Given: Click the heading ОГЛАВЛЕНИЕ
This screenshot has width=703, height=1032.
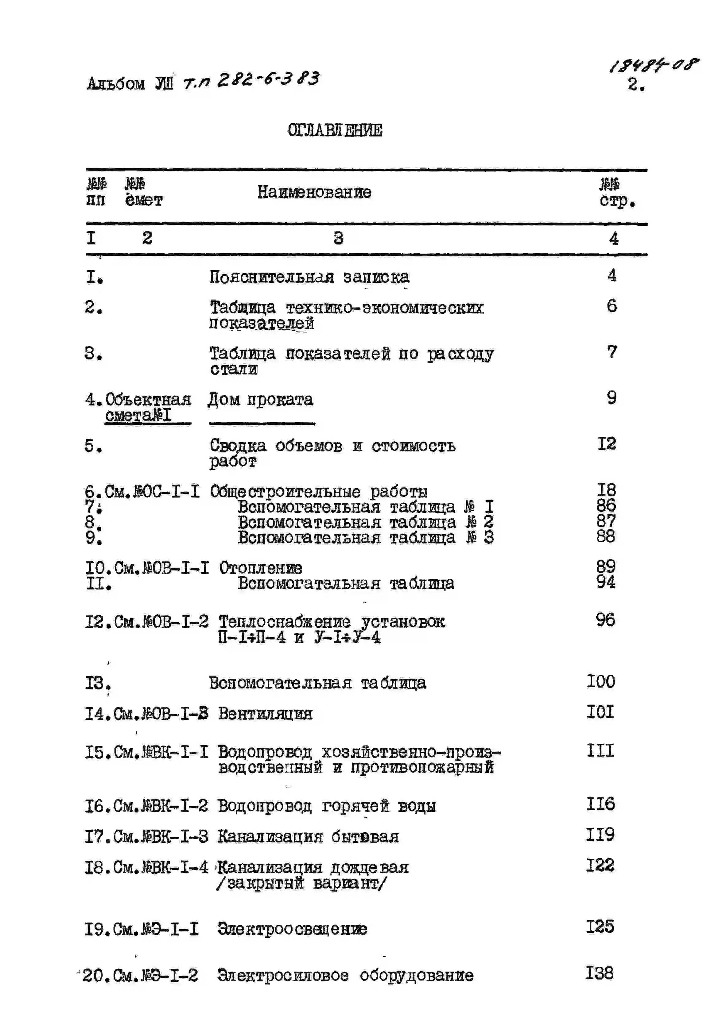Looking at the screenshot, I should pyautogui.click(x=335, y=131).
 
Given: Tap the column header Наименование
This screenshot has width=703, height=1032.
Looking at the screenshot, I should pyautogui.click(x=314, y=192).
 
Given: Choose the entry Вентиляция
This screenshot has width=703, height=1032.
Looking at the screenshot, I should pyautogui.click(x=265, y=714).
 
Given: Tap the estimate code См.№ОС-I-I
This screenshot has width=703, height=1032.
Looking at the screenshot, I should pyautogui.click(x=152, y=492).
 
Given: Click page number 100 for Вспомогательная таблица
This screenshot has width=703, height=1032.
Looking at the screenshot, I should pyautogui.click(x=601, y=682).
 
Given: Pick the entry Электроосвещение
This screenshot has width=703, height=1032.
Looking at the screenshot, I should pyautogui.click(x=292, y=929).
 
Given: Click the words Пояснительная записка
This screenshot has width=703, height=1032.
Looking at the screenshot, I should pyautogui.click(x=309, y=277).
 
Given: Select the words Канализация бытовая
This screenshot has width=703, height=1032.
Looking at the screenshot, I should pyautogui.click(x=308, y=837).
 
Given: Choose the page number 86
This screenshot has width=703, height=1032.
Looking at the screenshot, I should pyautogui.click(x=606, y=505).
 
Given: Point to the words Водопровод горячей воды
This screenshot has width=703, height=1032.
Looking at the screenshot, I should pyautogui.click(x=327, y=806).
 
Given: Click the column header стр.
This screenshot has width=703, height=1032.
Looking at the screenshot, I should pyautogui.click(x=617, y=201).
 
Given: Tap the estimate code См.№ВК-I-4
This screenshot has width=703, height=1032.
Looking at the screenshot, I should pyautogui.click(x=161, y=867).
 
